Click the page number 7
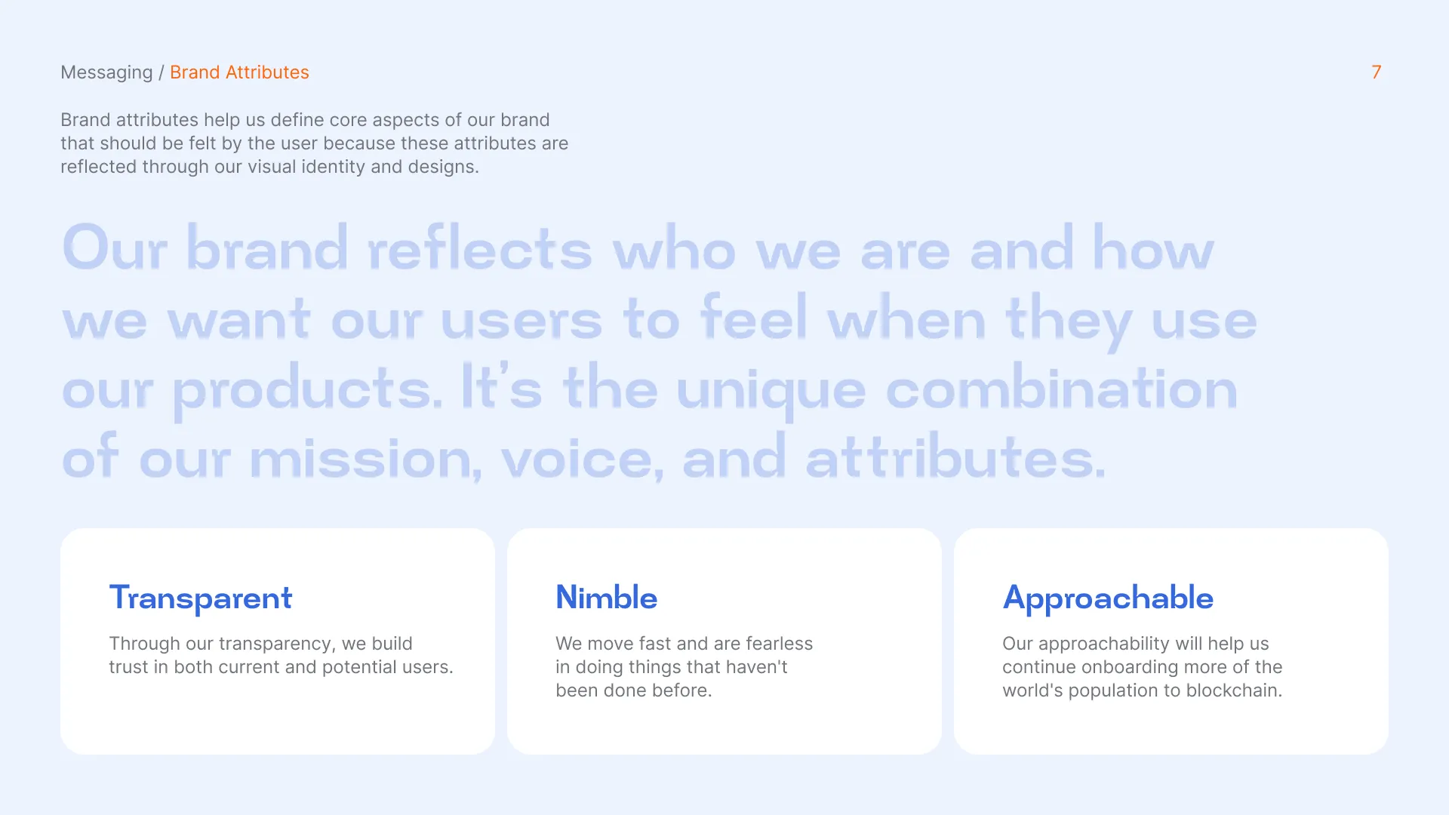[x=1377, y=72]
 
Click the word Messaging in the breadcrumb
[x=106, y=73]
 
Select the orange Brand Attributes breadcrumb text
[x=239, y=72]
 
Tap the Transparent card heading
[x=201, y=598]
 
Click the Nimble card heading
[x=607, y=597]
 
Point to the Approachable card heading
[x=1108, y=598]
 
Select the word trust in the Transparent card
[x=128, y=667]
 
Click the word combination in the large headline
[x=1062, y=388]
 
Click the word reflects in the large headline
[x=480, y=248]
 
